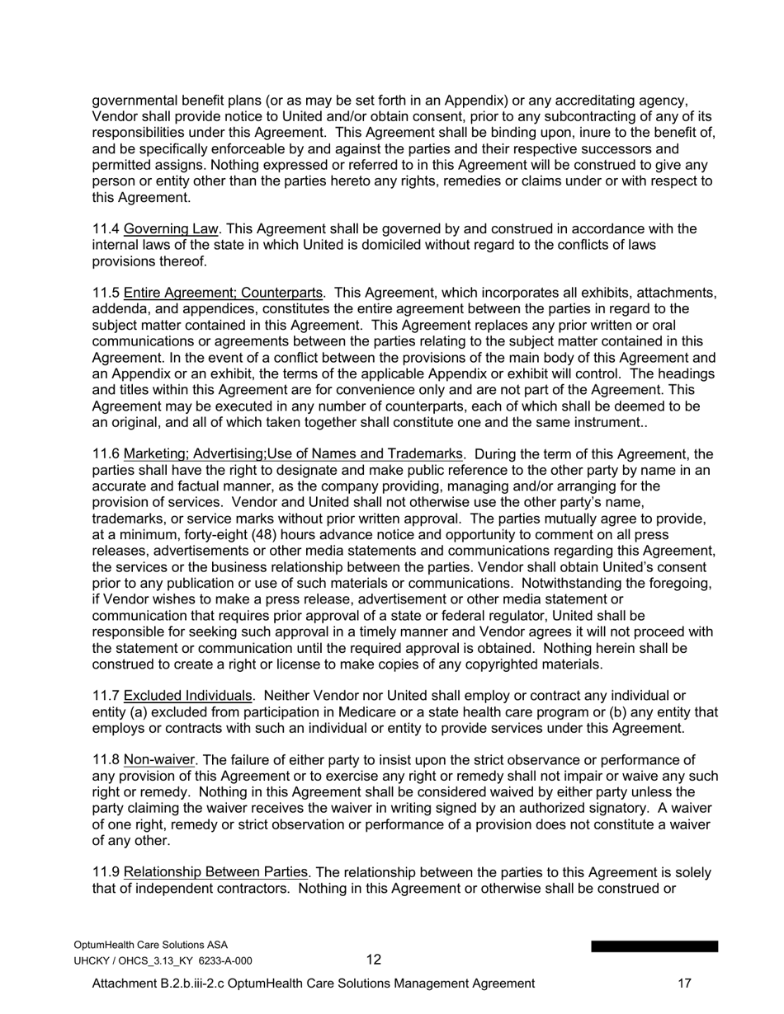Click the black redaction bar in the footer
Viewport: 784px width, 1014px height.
tap(654, 946)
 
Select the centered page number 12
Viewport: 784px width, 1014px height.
tap(374, 960)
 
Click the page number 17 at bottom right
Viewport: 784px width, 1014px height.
tap(684, 983)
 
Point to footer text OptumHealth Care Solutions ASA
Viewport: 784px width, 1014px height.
tap(151, 945)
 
